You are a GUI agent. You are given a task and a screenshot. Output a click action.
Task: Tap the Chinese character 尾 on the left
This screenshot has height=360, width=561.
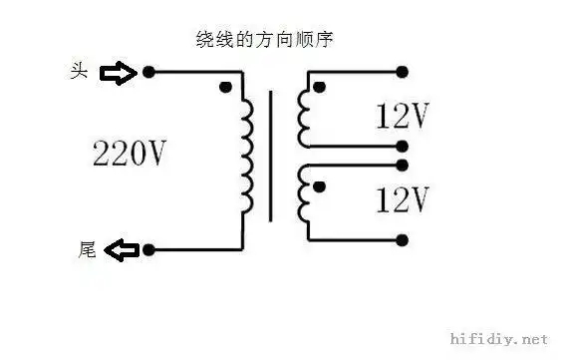click(86, 249)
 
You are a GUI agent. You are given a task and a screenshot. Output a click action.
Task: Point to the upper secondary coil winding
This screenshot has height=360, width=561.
click(304, 117)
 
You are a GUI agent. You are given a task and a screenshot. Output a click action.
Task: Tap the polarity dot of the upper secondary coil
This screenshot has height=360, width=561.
click(319, 88)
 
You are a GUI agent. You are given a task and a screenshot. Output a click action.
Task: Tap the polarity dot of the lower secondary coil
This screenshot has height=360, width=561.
click(319, 185)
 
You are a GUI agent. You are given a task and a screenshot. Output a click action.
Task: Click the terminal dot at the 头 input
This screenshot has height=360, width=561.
click(148, 73)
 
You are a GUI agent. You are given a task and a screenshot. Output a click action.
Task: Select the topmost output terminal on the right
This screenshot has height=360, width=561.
click(403, 72)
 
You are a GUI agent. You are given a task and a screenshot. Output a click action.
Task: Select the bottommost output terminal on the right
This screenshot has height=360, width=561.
click(403, 240)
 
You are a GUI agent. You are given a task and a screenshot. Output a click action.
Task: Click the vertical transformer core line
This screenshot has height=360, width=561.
click(270, 155)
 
